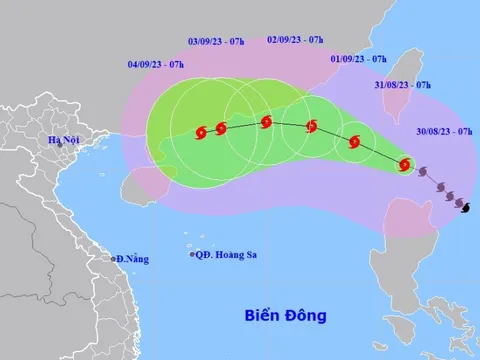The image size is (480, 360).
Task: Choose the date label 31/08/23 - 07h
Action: pos(403,84)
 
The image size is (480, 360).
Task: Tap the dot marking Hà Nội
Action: pos(59,145)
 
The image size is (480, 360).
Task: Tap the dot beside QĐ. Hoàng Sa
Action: pos(193,255)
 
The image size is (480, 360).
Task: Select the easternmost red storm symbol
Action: pos(404,165)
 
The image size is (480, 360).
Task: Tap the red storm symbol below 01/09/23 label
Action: pos(354,142)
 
